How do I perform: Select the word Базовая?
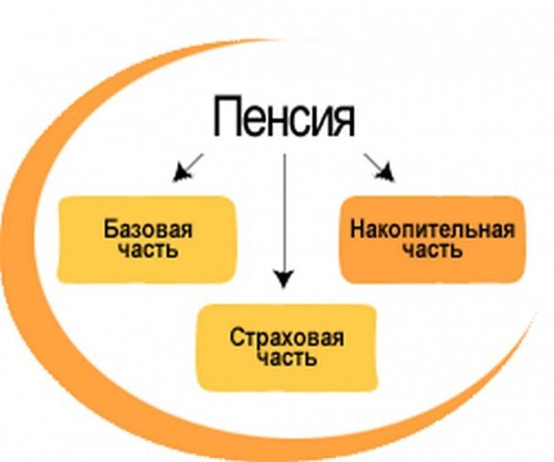(x=148, y=229)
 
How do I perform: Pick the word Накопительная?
(x=431, y=229)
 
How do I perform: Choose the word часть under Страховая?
(x=286, y=357)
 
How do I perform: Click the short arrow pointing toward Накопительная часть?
(x=379, y=165)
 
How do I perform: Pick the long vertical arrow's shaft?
(x=284, y=211)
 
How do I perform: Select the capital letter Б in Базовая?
(x=110, y=229)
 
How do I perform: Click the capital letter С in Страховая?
(x=234, y=336)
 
